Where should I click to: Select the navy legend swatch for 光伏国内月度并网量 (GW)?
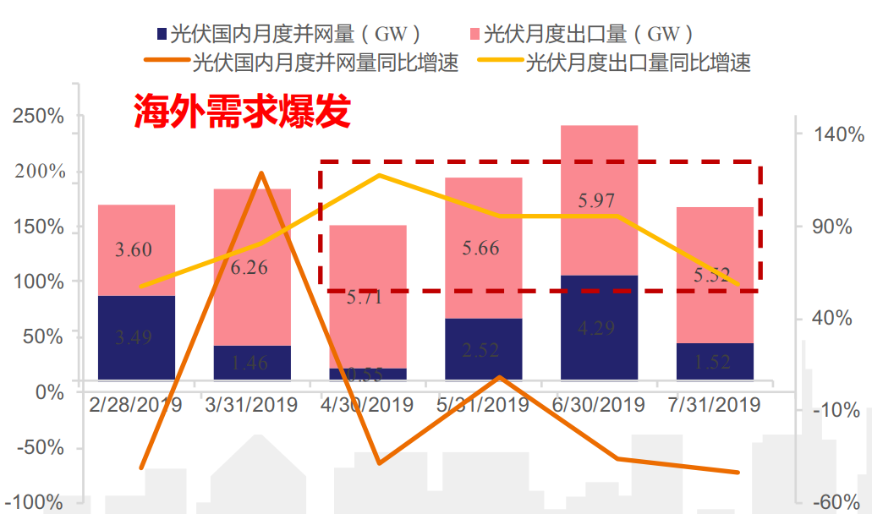tap(161, 35)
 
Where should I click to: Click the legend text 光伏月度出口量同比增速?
tap(638, 63)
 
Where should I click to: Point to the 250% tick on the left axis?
tap(39, 117)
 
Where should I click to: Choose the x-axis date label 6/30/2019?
tap(599, 404)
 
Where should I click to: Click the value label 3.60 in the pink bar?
tap(134, 249)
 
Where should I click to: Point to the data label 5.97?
tap(596, 201)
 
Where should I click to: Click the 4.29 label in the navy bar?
tap(596, 328)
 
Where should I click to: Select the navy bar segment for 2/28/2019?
tap(136, 338)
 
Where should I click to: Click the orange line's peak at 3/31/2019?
tap(261, 173)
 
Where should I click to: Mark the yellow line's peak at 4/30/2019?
tap(378, 175)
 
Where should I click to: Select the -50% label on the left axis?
tap(39, 447)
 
